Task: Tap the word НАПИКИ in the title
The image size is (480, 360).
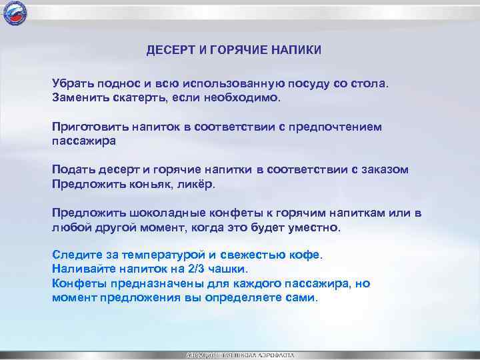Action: (295, 51)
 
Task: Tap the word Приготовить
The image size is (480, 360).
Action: (88, 127)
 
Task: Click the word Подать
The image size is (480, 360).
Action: (73, 170)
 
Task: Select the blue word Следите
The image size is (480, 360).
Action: (76, 255)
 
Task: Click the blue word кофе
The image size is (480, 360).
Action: (307, 255)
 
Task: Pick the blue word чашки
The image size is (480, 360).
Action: (227, 269)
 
